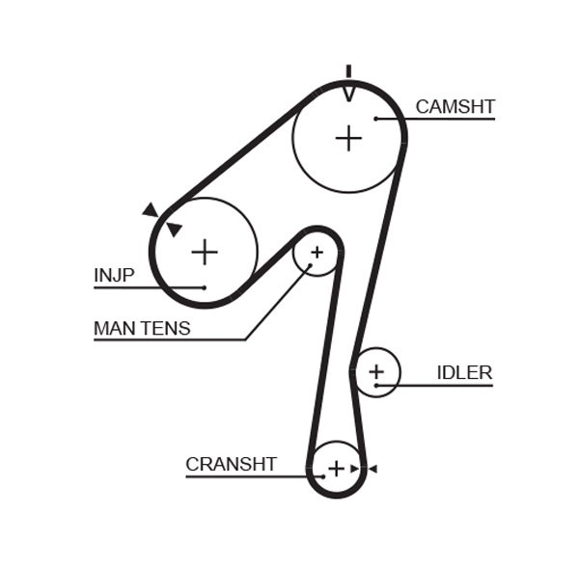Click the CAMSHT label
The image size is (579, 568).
click(455, 107)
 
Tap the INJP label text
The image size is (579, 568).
click(114, 276)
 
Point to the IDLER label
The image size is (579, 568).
click(464, 373)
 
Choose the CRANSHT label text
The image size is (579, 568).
click(231, 465)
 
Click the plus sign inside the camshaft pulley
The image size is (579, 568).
click(348, 138)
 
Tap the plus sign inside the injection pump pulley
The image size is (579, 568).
click(205, 252)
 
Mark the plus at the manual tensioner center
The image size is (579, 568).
click(317, 253)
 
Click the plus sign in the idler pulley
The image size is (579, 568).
click(375, 371)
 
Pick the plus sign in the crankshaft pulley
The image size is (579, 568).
click(336, 469)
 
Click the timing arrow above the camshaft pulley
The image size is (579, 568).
click(348, 88)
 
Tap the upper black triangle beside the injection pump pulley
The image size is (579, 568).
click(151, 210)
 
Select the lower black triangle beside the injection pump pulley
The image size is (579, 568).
click(174, 230)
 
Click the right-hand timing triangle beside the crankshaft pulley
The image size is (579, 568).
click(372, 469)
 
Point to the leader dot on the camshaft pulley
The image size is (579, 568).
click(376, 119)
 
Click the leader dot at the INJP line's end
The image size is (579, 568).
click(205, 287)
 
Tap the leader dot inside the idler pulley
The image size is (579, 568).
click(375, 386)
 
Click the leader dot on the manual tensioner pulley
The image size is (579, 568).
click(309, 265)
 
